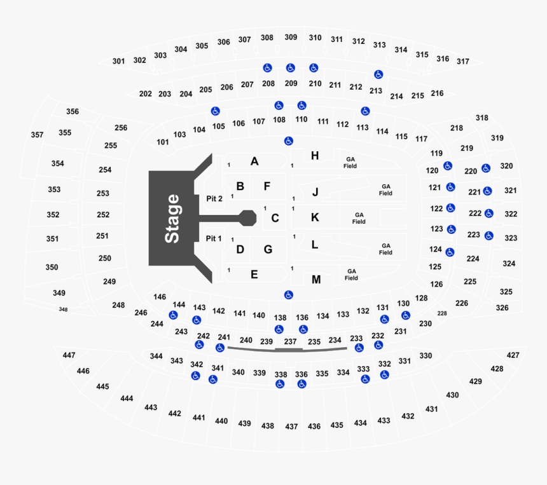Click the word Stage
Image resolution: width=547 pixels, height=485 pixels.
[x=172, y=219]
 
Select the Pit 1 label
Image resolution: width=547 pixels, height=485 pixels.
[x=214, y=238]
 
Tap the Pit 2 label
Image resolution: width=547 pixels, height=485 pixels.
[x=214, y=199]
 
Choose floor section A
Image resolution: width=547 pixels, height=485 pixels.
[x=254, y=161]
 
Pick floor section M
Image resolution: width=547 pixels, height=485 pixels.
[x=316, y=279]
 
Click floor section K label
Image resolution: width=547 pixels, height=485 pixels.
[x=315, y=217]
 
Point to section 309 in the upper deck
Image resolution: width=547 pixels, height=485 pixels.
[x=291, y=38]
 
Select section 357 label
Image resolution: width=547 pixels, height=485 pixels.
[x=37, y=135]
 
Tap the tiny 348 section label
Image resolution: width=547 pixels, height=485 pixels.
[x=63, y=310]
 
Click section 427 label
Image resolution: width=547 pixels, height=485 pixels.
[x=513, y=355]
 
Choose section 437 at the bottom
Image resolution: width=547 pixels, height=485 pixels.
[x=291, y=427]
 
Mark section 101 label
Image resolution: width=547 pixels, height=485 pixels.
[x=163, y=142]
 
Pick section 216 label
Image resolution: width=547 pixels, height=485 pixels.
[x=437, y=93]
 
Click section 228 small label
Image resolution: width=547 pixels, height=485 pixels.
[x=443, y=314]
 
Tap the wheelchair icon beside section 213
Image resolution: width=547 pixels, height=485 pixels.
[x=378, y=74]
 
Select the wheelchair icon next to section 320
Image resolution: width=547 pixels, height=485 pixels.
[x=487, y=168]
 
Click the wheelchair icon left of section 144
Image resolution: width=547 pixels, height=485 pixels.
[x=172, y=315]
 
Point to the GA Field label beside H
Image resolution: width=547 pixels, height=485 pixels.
[x=350, y=163]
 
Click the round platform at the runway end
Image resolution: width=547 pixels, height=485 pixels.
[x=247, y=219]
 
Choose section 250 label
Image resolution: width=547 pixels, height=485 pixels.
[x=104, y=258]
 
